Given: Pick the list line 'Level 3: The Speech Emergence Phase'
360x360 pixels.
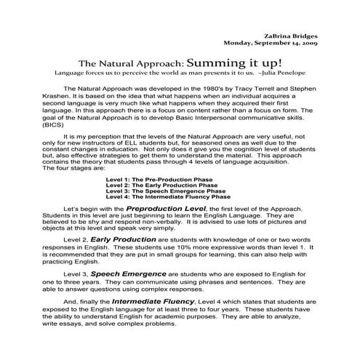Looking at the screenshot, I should (x=162, y=191).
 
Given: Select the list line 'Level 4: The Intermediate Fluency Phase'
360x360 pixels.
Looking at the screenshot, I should (x=168, y=196).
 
